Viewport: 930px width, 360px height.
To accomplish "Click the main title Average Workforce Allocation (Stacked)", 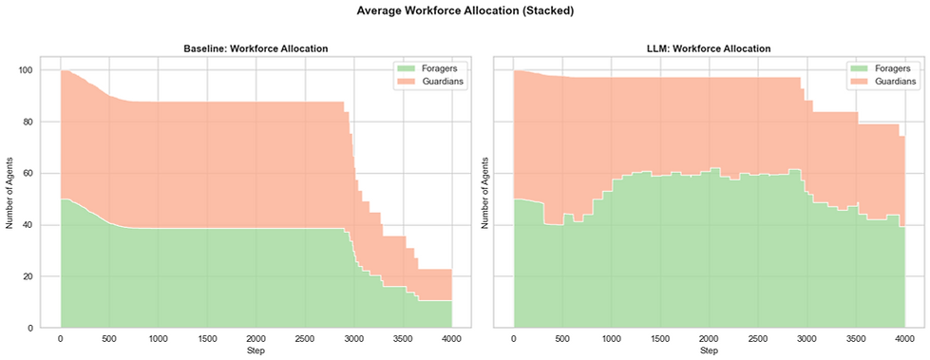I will click(x=465, y=11).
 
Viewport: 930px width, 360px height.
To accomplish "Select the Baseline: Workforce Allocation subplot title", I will click(x=256, y=48).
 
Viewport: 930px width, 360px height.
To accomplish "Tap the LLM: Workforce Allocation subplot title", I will click(x=708, y=48).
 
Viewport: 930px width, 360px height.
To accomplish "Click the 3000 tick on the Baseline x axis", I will click(x=353, y=339).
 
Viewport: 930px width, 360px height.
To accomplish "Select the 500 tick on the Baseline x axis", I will click(x=109, y=339).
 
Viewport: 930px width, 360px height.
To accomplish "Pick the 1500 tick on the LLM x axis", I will click(x=659, y=339).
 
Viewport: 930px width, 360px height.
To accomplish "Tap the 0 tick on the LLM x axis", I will click(x=513, y=339).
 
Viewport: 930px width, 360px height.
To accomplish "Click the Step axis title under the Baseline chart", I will click(x=256, y=351).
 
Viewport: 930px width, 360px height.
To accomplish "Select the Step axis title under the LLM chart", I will click(x=708, y=351).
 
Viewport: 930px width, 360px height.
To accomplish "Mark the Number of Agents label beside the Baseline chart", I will click(x=10, y=199).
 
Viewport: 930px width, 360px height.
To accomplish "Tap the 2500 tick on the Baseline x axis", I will click(x=305, y=339).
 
